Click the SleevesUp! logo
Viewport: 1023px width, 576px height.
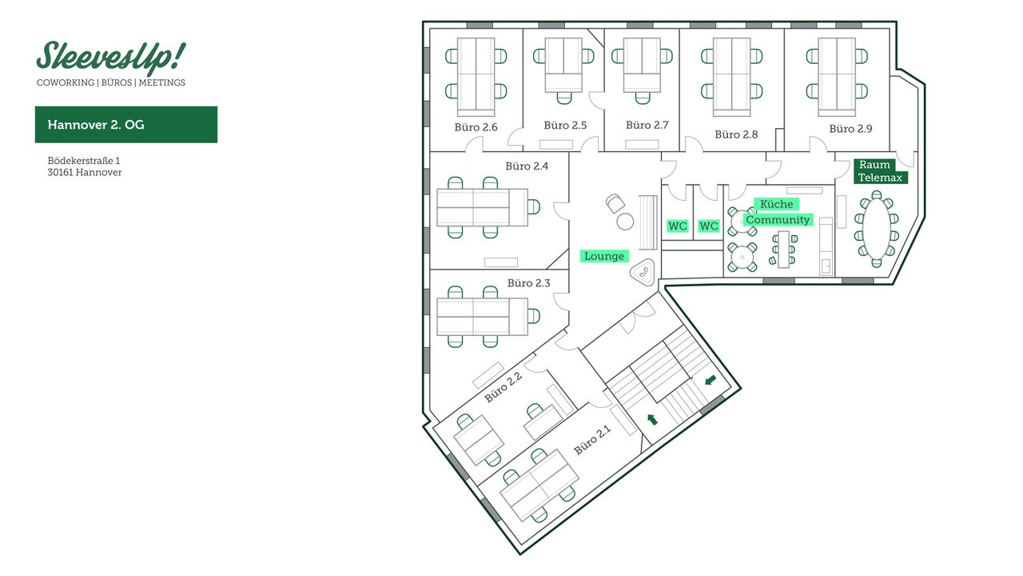(110, 58)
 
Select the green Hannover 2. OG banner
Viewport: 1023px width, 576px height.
(126, 125)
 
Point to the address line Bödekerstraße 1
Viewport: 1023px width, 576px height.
(83, 160)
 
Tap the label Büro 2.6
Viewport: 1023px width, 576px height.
(478, 127)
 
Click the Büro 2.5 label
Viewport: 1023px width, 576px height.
(565, 125)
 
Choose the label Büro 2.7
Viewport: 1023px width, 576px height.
(647, 125)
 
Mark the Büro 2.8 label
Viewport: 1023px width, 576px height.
(736, 134)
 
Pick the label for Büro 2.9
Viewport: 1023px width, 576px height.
(850, 128)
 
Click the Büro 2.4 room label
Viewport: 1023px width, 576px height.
(527, 166)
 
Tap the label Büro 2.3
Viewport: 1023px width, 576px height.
(529, 283)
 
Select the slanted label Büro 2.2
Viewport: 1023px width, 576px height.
(504, 387)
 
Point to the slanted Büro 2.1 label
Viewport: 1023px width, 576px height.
(592, 439)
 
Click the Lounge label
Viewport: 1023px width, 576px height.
(604, 256)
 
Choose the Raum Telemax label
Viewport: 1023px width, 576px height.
(880, 171)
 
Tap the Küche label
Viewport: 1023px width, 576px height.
(776, 204)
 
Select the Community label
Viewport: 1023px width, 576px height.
(778, 220)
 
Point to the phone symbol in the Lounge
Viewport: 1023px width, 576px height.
(643, 272)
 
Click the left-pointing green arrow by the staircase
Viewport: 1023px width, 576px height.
(711, 380)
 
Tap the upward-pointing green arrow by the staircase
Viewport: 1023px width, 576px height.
(652, 418)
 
